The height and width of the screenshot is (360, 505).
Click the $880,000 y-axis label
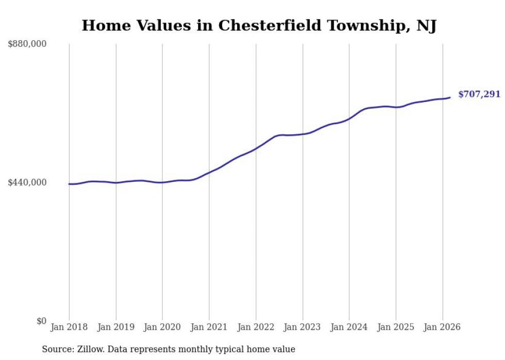(x=27, y=44)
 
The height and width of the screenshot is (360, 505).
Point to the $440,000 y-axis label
(x=27, y=182)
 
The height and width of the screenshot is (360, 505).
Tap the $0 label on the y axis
(x=41, y=321)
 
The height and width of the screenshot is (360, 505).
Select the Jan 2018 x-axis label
(x=69, y=327)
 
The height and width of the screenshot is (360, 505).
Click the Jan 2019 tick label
(x=116, y=327)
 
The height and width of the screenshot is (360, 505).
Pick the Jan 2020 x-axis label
(x=162, y=327)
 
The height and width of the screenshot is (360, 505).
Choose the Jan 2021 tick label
(x=209, y=327)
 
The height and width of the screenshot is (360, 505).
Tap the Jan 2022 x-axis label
(x=256, y=327)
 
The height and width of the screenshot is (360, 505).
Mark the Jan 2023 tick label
(x=302, y=327)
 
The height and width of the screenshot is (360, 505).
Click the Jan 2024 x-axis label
(x=349, y=327)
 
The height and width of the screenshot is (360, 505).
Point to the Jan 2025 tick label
(x=396, y=327)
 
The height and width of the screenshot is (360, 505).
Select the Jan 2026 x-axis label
(x=442, y=327)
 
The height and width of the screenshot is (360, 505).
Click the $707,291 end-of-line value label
(x=479, y=94)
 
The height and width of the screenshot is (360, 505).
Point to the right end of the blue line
(x=450, y=97)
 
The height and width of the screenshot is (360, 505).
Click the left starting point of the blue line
(x=69, y=184)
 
